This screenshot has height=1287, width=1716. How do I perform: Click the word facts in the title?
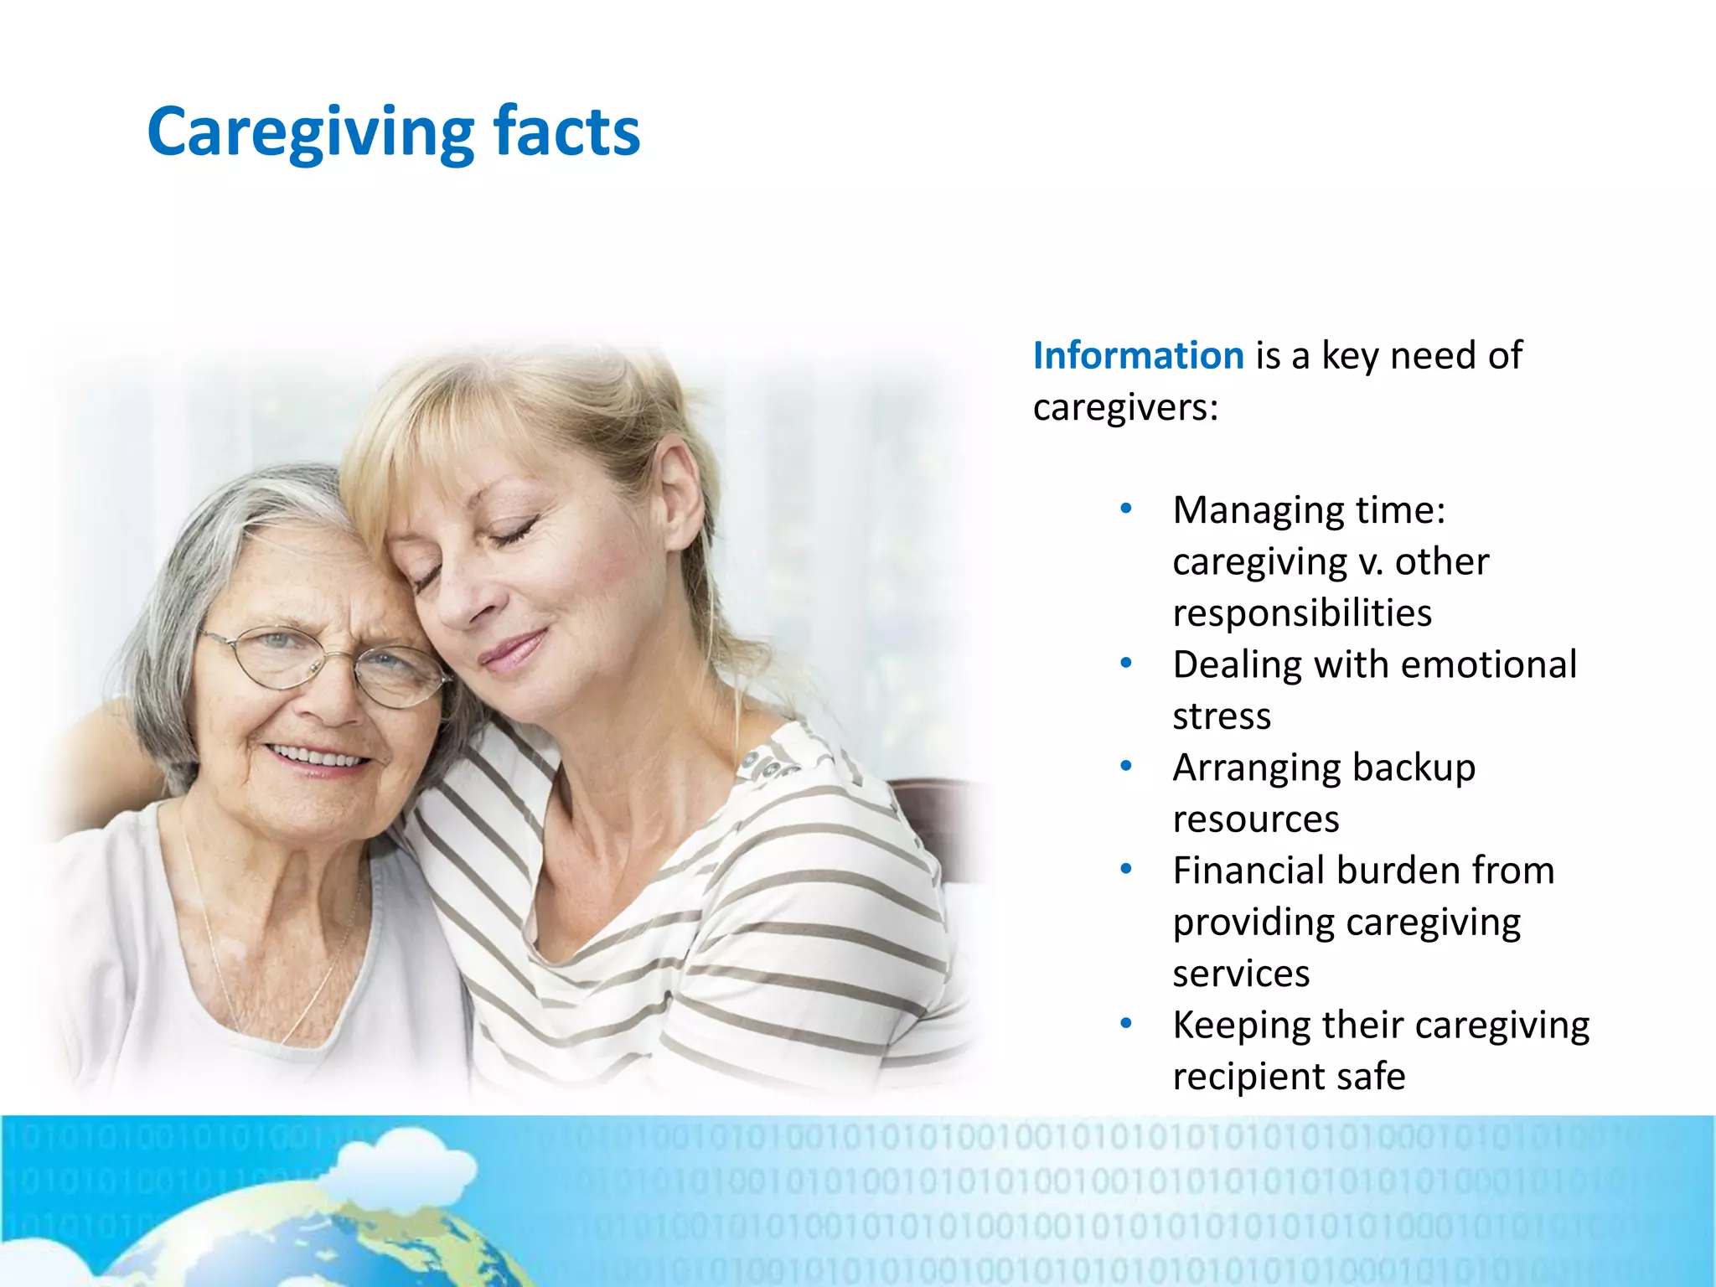tap(566, 132)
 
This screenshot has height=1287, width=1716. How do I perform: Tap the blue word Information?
tap(1138, 355)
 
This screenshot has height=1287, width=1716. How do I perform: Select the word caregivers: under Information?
tap(1124, 408)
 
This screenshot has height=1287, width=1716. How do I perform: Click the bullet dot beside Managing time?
tap(1126, 509)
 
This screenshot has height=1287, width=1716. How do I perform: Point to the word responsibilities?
tap(1301, 612)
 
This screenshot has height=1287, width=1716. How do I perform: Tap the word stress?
tap(1221, 716)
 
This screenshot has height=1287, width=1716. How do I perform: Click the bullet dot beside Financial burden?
tap(1126, 870)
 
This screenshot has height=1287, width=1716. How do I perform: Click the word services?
tap(1240, 974)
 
